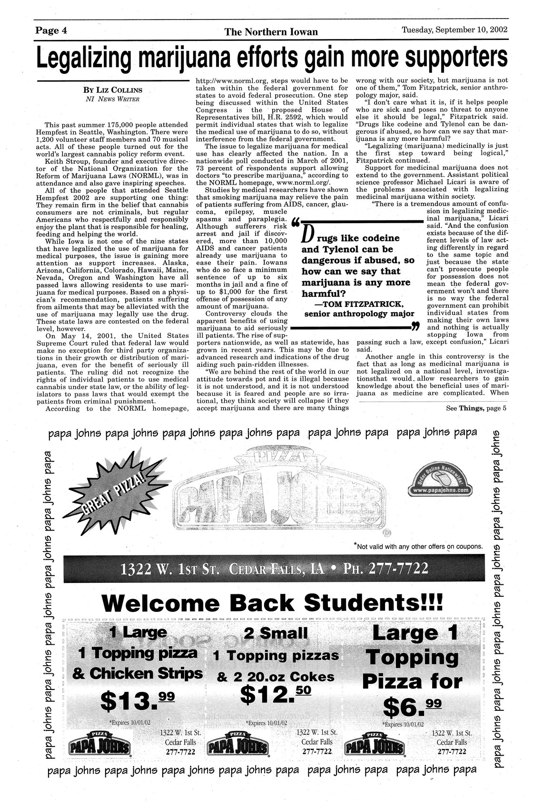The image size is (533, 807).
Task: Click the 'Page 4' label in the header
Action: (x=50, y=31)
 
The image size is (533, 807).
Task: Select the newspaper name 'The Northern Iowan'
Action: (x=271, y=32)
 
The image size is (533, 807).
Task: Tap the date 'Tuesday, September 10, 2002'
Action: (x=454, y=30)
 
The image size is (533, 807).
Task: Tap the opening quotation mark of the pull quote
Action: (x=295, y=222)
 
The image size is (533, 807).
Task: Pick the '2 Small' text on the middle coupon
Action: (x=276, y=633)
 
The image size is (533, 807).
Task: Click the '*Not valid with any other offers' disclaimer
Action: (x=419, y=546)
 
